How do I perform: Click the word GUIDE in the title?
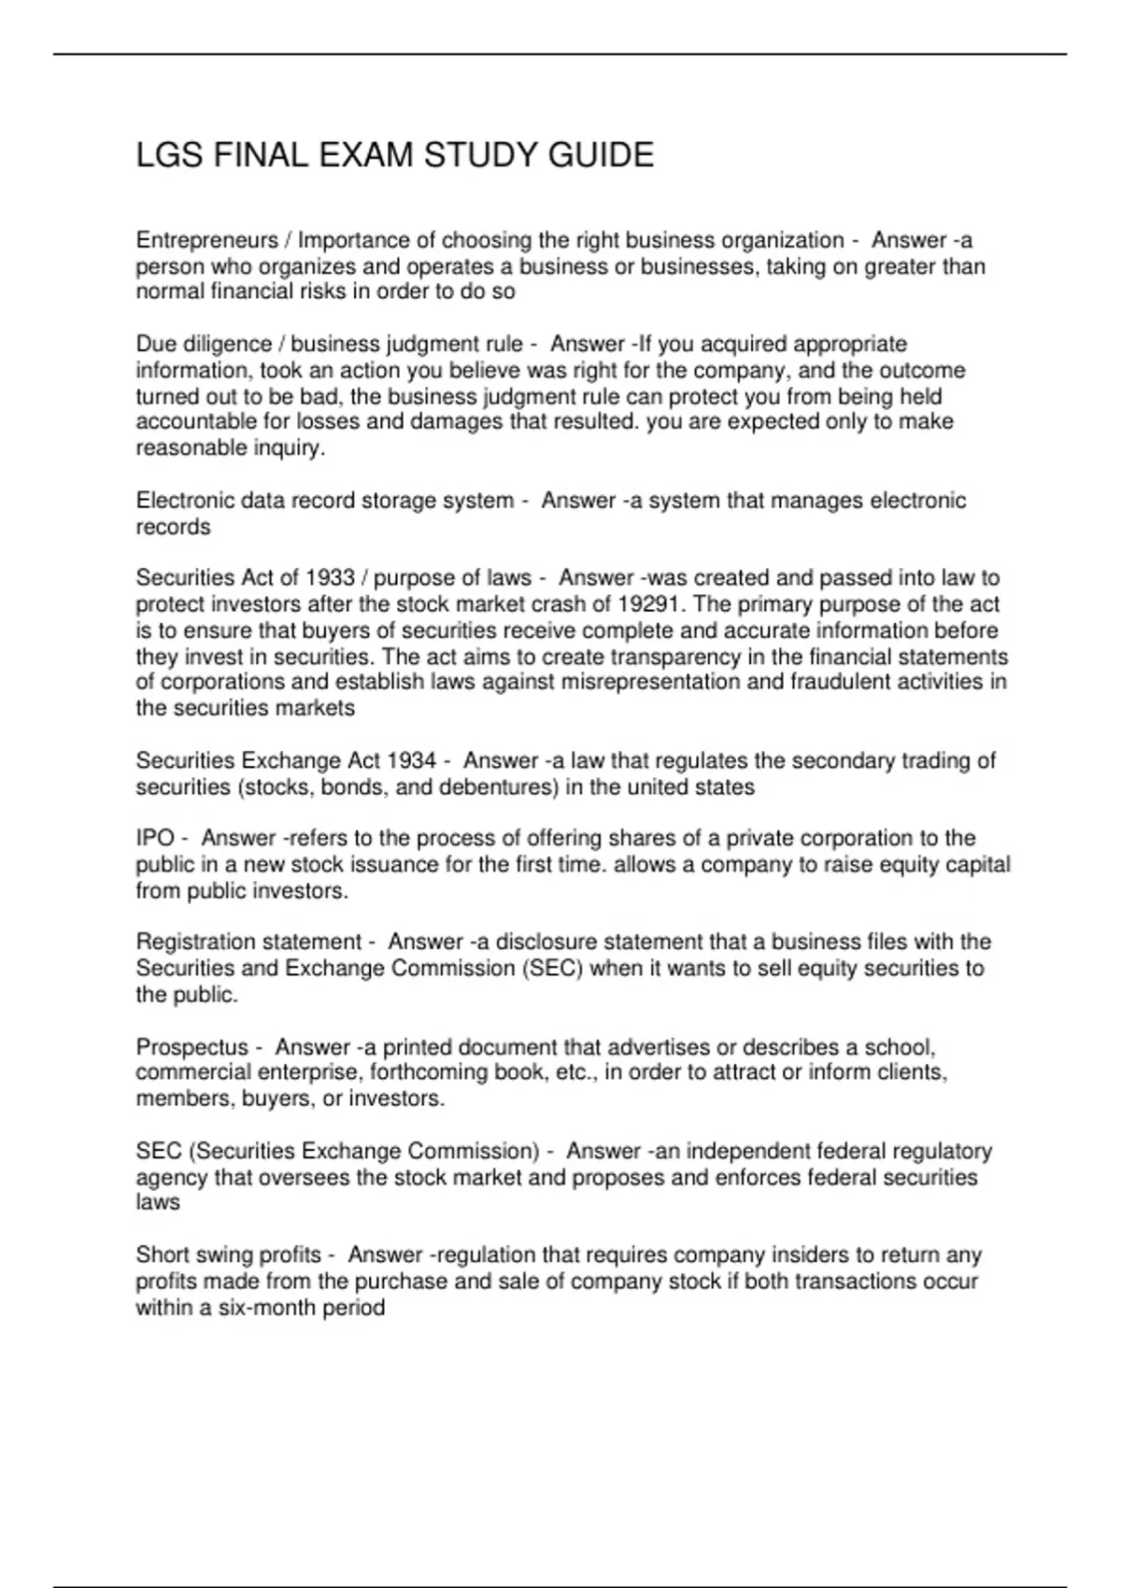[601, 155]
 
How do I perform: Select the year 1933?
[331, 578]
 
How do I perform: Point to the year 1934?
[412, 761]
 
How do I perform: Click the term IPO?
[155, 839]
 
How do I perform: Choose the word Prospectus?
[192, 1047]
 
